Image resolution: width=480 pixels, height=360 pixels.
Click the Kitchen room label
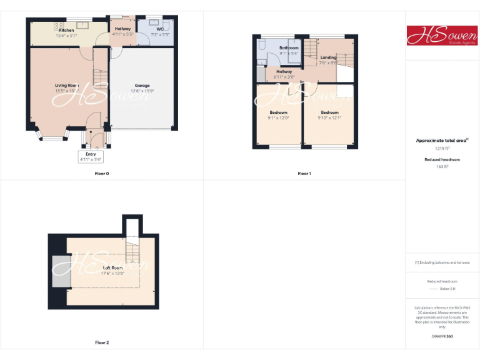point(66,30)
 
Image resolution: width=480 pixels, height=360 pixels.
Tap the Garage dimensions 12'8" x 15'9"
point(142,91)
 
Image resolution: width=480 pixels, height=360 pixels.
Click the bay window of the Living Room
point(52,134)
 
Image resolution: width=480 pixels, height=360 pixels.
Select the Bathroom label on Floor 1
point(289,47)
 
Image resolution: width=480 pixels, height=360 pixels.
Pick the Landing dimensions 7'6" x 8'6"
point(328,62)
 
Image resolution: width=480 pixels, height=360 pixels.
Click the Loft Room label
point(112,267)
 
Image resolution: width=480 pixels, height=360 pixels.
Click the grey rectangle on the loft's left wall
point(59,271)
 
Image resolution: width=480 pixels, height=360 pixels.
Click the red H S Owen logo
point(442,36)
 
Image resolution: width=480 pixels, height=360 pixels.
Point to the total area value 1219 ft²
point(442,149)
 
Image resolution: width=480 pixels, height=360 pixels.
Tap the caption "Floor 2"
point(102,342)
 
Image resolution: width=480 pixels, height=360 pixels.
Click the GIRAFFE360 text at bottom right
point(442,337)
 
